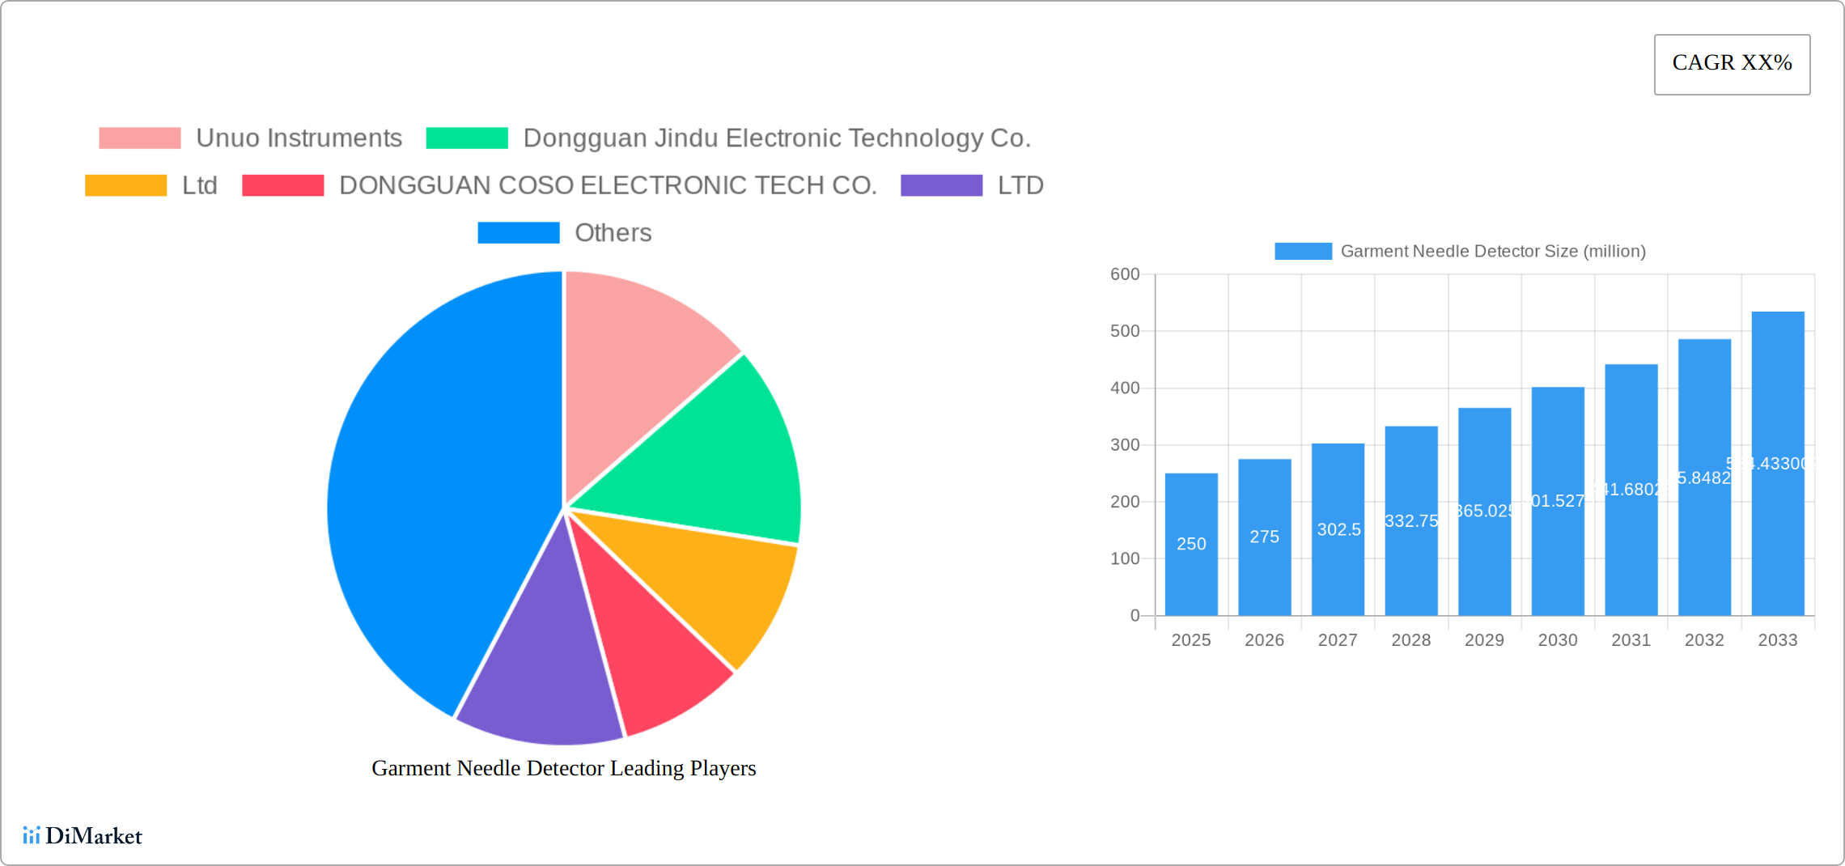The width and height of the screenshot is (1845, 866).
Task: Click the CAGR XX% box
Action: click(1732, 64)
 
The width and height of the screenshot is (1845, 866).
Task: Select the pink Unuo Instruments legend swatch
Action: click(139, 138)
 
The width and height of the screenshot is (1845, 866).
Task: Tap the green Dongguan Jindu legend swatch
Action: click(466, 138)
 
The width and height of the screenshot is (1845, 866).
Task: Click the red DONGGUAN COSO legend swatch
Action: click(282, 185)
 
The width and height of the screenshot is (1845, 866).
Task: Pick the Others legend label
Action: click(613, 233)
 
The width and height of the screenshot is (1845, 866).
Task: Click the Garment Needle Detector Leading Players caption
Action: click(563, 768)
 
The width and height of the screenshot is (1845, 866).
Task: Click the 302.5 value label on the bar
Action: click(1338, 530)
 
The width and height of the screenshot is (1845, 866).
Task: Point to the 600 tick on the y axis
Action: click(1124, 274)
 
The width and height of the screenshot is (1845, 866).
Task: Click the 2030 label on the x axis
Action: click(1557, 640)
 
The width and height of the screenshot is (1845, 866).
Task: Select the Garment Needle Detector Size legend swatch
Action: click(1303, 252)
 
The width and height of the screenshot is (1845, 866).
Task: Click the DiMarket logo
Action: click(83, 835)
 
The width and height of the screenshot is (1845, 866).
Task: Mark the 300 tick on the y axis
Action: click(1124, 445)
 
